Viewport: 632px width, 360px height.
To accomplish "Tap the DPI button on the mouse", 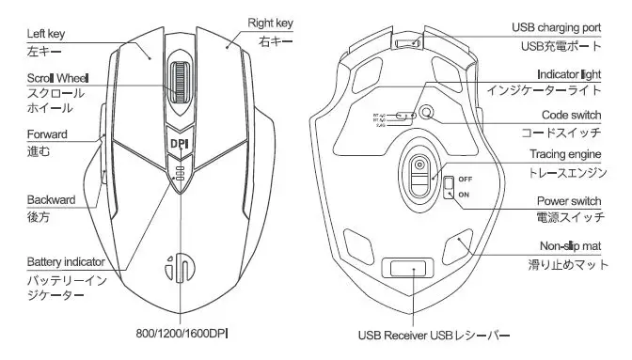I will point(178,144).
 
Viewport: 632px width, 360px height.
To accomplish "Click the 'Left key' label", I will point(47,35).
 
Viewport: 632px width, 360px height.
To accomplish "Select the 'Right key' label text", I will point(271,23).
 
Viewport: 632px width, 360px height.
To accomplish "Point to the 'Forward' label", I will point(47,134).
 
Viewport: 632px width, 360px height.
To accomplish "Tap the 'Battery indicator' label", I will point(65,261).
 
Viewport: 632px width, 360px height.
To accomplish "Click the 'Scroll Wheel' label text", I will point(58,77).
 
